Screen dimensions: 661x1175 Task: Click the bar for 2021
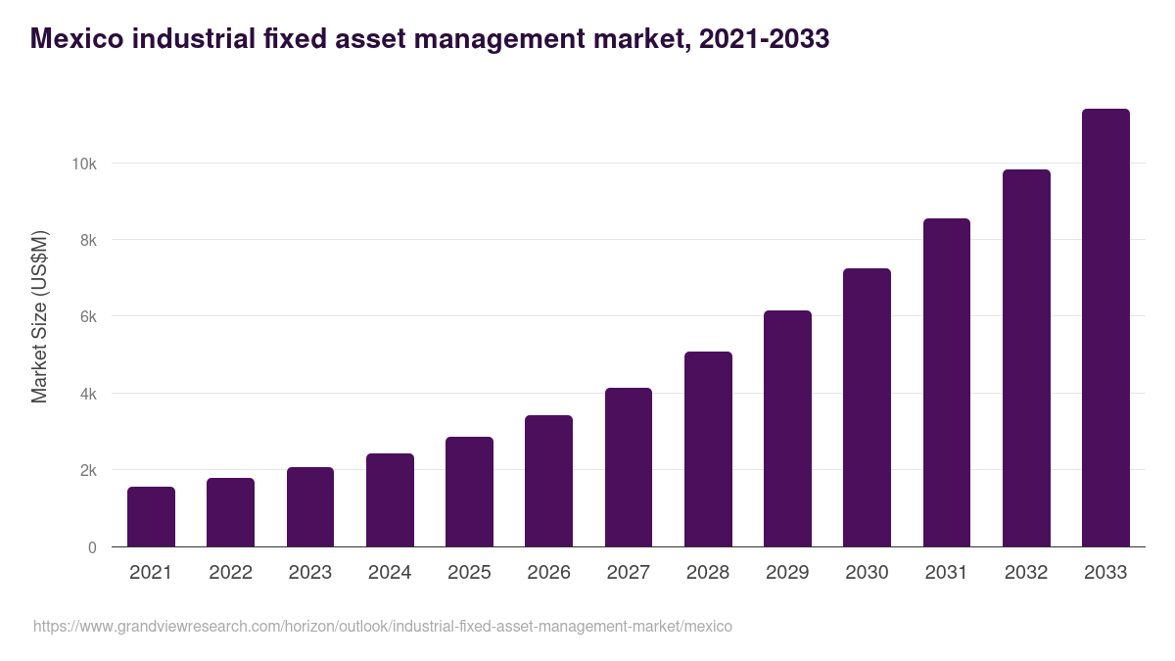coord(151,517)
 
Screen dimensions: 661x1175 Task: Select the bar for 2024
coord(390,500)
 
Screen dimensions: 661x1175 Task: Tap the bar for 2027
coord(629,467)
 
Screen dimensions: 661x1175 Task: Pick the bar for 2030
coord(867,407)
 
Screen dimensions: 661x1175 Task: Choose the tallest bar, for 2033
coord(1105,328)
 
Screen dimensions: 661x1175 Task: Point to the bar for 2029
coord(787,429)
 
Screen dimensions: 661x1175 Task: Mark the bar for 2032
coord(1026,358)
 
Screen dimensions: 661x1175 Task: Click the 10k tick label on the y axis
coord(83,164)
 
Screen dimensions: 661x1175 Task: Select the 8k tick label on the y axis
coord(87,240)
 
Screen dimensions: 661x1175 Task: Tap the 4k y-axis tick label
coord(87,394)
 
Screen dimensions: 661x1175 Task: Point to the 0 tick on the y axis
coord(92,547)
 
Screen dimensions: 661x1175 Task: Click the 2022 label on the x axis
coord(230,573)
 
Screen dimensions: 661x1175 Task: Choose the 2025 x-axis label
coord(469,573)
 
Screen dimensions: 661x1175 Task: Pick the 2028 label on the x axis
coord(708,573)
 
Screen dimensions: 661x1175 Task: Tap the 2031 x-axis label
coord(947,573)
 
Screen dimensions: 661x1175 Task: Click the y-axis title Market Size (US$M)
coord(39,316)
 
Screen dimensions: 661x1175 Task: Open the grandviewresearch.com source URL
coord(382,626)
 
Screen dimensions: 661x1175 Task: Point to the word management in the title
coord(526,39)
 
